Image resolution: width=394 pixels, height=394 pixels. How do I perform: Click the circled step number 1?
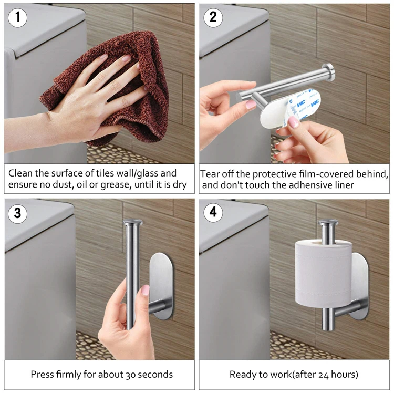point(17,17)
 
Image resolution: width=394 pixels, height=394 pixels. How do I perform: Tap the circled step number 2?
point(213,17)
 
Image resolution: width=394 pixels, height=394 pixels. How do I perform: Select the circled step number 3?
point(17,213)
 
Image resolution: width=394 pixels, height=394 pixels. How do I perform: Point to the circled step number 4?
point(213,213)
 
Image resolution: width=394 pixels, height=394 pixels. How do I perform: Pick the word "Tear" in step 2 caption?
point(210,174)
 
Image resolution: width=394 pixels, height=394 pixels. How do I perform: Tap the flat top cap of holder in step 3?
point(133,222)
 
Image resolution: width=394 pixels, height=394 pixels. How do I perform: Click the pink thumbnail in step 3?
point(145,290)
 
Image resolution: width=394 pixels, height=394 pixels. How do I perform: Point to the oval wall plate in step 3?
point(161,286)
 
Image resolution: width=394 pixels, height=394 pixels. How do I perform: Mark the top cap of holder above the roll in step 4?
point(328,224)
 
